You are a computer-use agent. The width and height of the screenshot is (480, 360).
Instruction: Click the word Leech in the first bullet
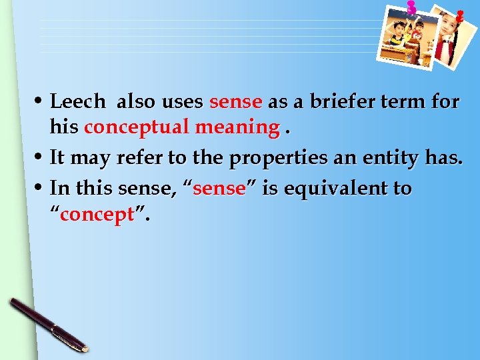point(78,102)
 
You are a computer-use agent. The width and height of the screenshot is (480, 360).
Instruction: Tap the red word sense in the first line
point(235,102)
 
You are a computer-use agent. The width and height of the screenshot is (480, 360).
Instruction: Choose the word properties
point(284,158)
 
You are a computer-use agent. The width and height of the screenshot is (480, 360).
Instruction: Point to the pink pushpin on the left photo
point(411,8)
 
